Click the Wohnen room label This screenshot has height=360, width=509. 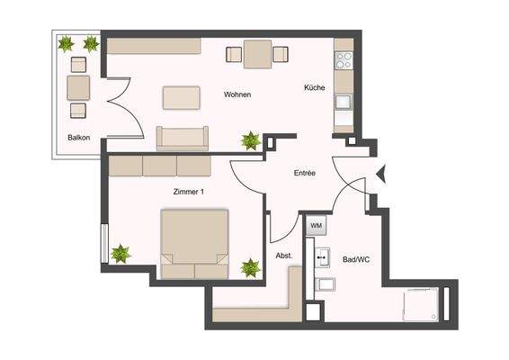coord(237,95)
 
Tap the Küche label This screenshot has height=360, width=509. coord(314,88)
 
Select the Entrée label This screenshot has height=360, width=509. coord(304,173)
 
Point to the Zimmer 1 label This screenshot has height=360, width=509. coord(190,192)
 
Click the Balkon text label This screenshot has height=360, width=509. coord(78,138)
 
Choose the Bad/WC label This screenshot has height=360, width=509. coord(355,260)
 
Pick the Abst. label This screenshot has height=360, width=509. coord(283,256)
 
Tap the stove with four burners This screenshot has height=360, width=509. coord(344,60)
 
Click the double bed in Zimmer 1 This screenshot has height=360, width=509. coord(194,242)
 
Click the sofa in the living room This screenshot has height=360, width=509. coord(183,137)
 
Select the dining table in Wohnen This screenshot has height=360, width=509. coord(257,56)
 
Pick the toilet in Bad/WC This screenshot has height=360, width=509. coord(327,286)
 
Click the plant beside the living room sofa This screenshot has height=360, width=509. coord(250,140)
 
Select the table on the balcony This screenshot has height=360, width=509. coord(78,87)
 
